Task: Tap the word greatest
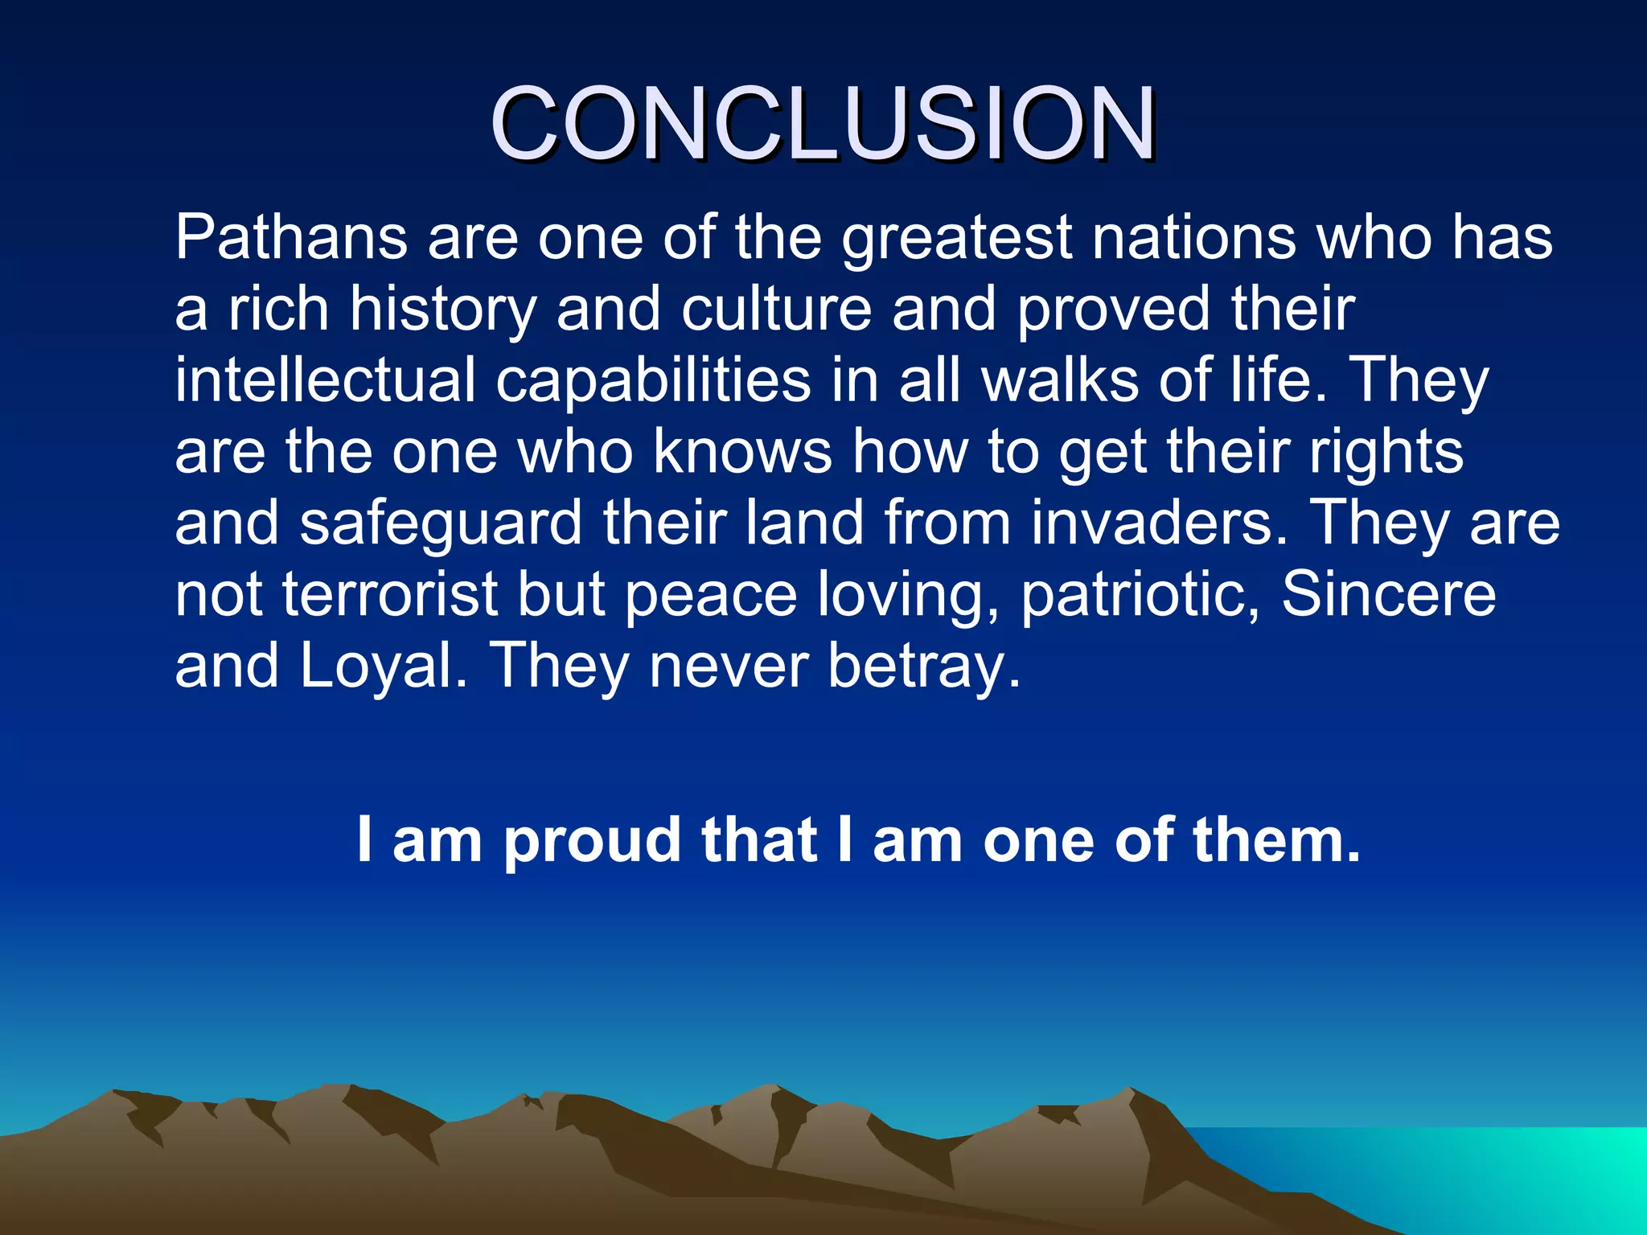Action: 956,239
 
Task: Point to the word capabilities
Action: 653,381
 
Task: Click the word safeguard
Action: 441,523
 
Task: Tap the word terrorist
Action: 390,594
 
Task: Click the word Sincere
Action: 1388,594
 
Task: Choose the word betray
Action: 924,667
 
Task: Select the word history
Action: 442,310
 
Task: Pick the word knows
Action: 742,451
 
